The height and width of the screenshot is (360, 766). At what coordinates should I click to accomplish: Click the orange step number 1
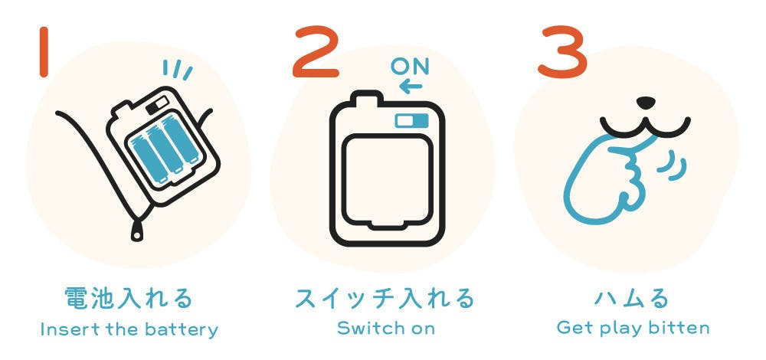click(x=44, y=52)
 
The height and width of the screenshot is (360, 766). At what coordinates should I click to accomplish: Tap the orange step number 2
click(x=316, y=53)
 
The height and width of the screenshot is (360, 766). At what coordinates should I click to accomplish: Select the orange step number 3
click(x=562, y=53)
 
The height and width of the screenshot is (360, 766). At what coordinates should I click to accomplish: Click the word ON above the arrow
click(x=411, y=67)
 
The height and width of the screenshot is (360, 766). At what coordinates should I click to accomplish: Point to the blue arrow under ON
click(x=411, y=87)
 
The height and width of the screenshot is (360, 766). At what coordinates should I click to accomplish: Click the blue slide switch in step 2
click(x=412, y=121)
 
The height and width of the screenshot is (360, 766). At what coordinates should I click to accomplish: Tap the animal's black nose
click(x=645, y=103)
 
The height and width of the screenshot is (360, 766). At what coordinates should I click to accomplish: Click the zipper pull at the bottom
click(x=138, y=231)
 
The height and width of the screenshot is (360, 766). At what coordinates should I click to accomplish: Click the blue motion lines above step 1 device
click(x=178, y=70)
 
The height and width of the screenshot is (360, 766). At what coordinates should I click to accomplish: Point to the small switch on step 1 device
click(x=158, y=103)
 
